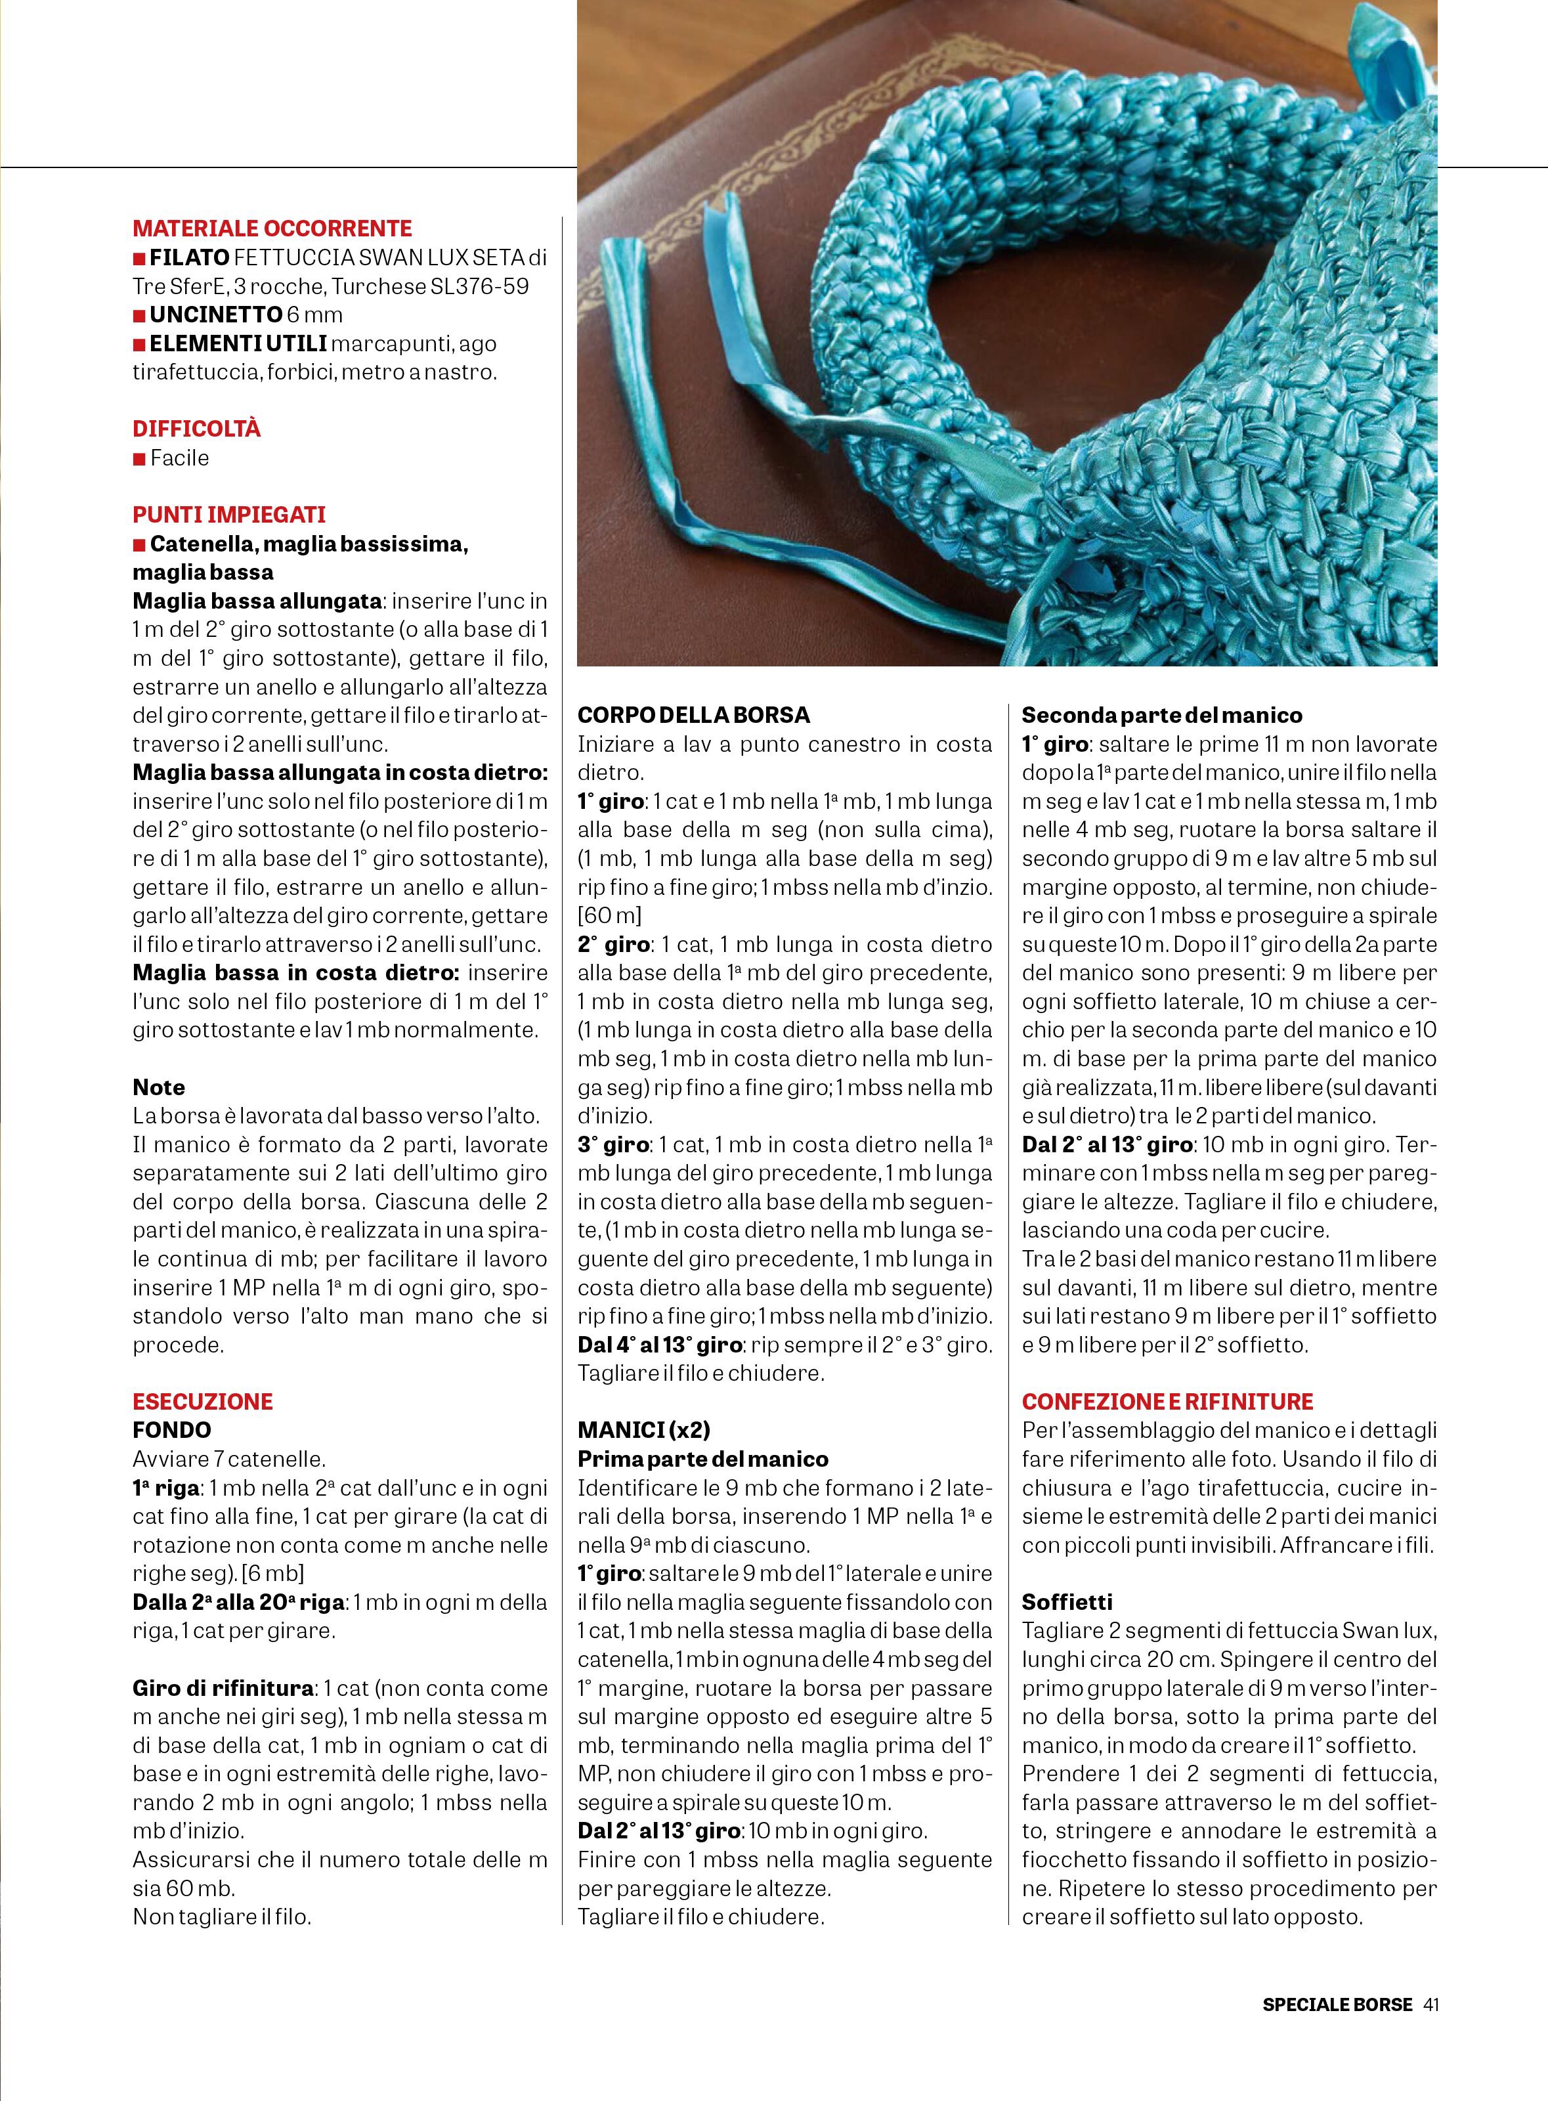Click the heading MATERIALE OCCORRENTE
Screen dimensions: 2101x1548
coord(272,228)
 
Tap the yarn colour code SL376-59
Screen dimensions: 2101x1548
coord(480,287)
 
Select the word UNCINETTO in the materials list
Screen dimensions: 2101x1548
coord(215,315)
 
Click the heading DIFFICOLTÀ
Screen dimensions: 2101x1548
coord(197,429)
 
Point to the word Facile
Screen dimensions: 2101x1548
coord(179,458)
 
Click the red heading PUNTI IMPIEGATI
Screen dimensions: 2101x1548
coord(228,515)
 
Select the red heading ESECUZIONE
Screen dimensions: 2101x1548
coord(202,1401)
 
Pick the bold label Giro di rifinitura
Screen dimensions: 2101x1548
coord(222,1688)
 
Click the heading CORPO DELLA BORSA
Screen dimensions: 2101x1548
coord(693,715)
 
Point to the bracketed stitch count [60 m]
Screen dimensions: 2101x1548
coord(609,915)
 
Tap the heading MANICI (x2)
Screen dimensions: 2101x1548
coord(644,1430)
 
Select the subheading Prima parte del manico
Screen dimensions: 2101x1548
coord(703,1459)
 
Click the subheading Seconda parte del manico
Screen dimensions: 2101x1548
coord(1162,715)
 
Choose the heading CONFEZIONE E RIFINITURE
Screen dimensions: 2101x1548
coord(1167,1401)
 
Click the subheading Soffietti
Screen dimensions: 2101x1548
coord(1067,1603)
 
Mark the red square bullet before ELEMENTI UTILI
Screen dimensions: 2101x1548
coord(139,345)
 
